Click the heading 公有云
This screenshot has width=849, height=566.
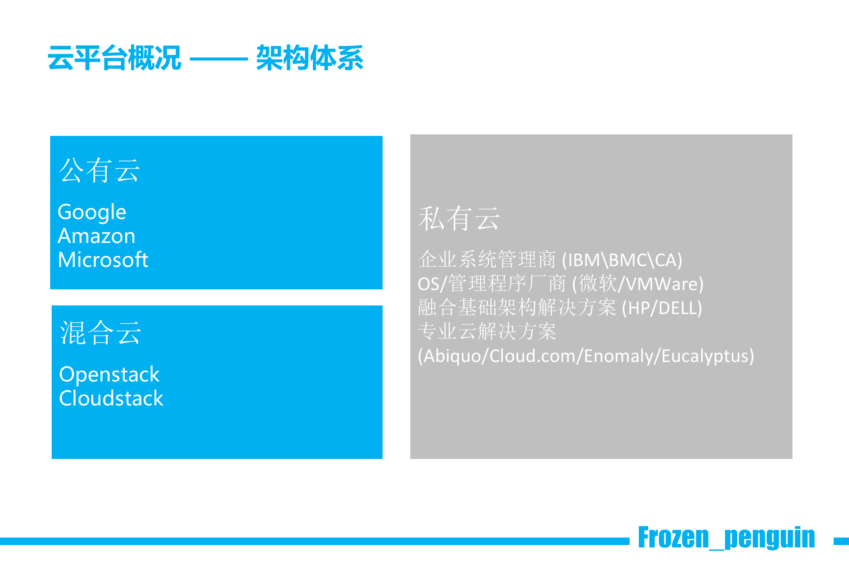(100, 170)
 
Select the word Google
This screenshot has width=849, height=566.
(92, 213)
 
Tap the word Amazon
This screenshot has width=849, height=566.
(97, 236)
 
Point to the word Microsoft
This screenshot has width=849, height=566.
(103, 259)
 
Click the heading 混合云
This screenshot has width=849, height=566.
(101, 332)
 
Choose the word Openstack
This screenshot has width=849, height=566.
(109, 375)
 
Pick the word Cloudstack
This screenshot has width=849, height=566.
(111, 398)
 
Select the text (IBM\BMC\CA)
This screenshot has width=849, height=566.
(622, 260)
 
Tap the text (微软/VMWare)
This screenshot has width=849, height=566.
(638, 284)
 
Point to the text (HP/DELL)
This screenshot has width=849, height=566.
(662, 308)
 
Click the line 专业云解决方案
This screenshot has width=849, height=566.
(487, 332)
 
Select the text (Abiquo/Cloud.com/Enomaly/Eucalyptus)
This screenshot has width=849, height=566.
(586, 356)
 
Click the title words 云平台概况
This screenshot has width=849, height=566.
(115, 58)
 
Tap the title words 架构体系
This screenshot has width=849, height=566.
(310, 58)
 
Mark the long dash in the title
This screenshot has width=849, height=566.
(219, 59)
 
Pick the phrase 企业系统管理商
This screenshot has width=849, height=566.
(487, 260)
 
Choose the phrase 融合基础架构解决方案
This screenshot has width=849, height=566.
(517, 308)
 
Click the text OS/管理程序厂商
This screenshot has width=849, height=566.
(492, 284)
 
